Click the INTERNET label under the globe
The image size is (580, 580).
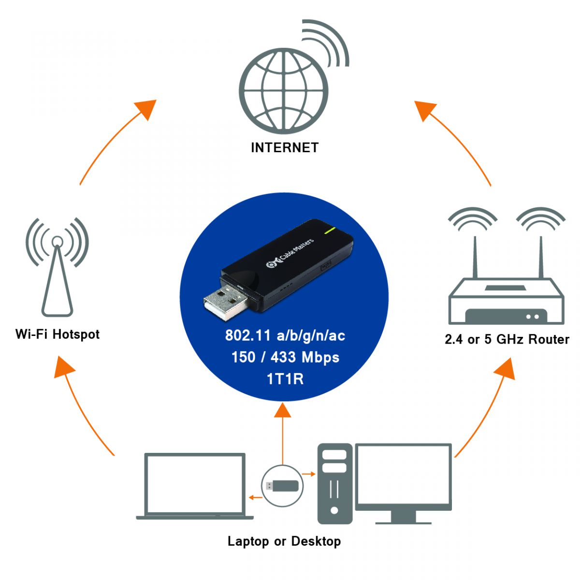285,147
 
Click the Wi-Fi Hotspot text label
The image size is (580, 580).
58,334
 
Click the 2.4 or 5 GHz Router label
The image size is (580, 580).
507,339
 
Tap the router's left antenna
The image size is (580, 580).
475,256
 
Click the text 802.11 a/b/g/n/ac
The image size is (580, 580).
285,335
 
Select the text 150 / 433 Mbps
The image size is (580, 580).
285,357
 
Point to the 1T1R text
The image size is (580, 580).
285,379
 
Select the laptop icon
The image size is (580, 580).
195,486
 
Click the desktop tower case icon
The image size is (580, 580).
334,483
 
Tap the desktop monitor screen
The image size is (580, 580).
404,476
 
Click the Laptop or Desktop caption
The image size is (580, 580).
284,541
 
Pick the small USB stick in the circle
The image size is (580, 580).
282,485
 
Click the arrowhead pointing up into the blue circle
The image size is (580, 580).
283,410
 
